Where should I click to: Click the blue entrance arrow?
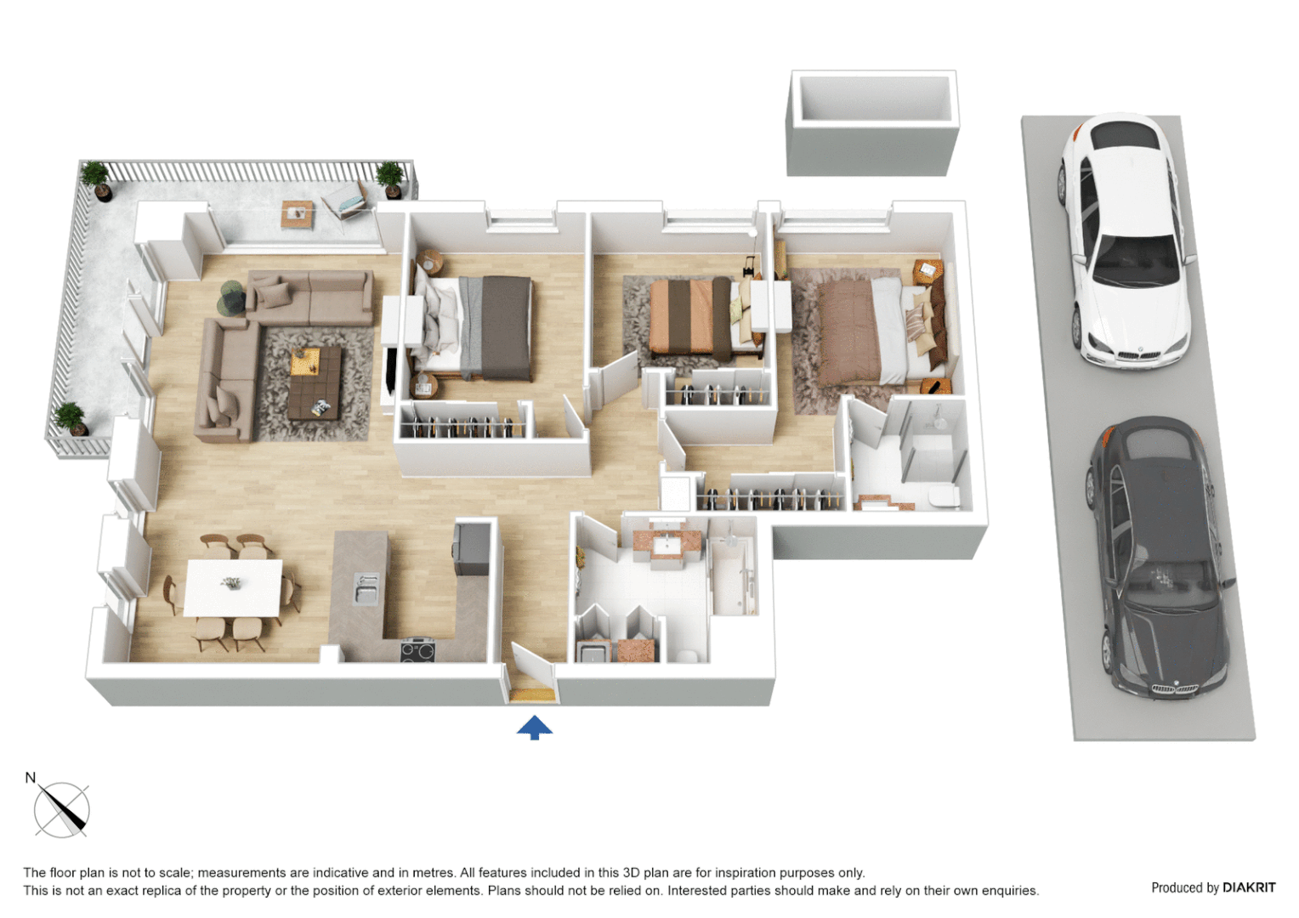click(534, 728)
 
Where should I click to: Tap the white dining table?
click(233, 587)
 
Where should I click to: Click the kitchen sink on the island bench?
click(366, 588)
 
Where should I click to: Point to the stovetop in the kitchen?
click(417, 651)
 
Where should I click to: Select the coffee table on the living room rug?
click(315, 383)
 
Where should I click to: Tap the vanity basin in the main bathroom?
click(667, 544)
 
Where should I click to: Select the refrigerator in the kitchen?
click(471, 549)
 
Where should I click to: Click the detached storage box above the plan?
click(872, 123)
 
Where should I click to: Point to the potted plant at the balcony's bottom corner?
click(71, 419)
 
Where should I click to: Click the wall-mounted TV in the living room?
click(390, 371)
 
